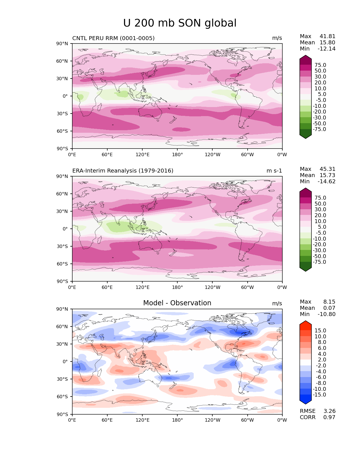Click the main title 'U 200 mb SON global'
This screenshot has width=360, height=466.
(180, 23)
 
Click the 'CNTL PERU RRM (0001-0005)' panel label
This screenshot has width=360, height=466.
(113, 38)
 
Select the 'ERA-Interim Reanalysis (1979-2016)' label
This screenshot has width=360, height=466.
(123, 171)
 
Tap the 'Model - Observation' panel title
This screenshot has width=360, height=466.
(177, 303)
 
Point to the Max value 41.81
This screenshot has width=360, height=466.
(327, 36)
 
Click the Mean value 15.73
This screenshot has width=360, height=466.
(327, 175)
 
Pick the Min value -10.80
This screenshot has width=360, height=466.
(326, 314)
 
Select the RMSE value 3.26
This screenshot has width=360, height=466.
(329, 411)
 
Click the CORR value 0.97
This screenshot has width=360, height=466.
(329, 417)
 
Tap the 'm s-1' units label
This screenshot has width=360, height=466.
(274, 171)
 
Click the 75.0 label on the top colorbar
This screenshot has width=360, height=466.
(320, 65)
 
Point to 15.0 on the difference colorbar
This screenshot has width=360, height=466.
(320, 331)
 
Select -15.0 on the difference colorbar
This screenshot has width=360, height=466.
(319, 395)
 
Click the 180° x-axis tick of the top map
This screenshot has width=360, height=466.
(177, 155)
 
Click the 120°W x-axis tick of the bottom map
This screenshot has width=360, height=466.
(213, 420)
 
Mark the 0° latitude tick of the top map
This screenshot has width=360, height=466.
(65, 96)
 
